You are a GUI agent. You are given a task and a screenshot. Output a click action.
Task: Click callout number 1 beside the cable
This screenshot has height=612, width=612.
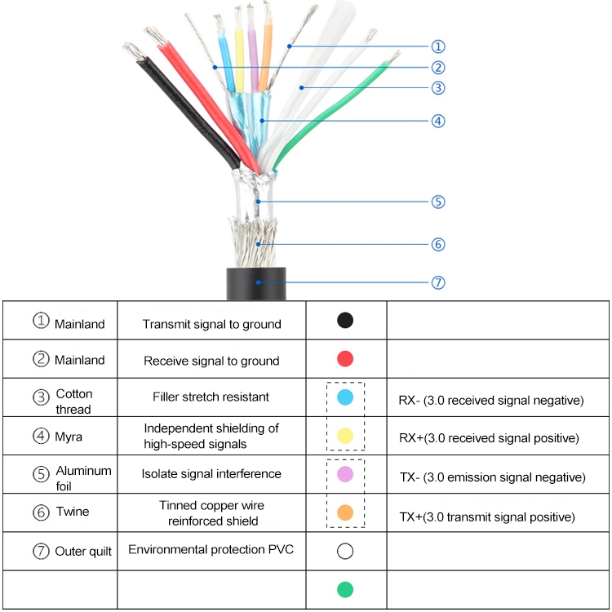tap(438, 47)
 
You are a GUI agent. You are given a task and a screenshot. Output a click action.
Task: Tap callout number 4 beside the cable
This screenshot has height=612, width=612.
tap(438, 121)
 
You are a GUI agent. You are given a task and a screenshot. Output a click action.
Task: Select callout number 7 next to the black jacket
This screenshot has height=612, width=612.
tap(438, 282)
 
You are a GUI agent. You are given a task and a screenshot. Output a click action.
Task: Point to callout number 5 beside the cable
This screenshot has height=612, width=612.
tap(438, 202)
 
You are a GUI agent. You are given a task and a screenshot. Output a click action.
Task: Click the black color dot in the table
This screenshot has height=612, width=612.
tap(345, 320)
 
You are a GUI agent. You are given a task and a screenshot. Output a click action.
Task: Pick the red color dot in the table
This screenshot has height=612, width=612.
tap(345, 358)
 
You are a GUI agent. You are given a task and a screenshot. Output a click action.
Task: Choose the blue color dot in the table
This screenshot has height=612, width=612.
tap(345, 397)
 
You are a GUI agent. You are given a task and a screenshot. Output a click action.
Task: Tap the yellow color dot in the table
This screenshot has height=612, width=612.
tap(345, 436)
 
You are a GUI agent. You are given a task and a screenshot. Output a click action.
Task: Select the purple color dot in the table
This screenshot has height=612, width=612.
tap(345, 474)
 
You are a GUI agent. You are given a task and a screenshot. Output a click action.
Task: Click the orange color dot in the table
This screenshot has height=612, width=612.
tap(345, 512)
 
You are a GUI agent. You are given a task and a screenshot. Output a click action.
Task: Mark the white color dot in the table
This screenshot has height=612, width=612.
tap(345, 552)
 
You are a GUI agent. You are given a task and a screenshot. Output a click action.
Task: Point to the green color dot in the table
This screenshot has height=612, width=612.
tap(345, 589)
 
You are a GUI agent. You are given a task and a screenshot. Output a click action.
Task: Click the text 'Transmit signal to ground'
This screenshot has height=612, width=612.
tap(211, 324)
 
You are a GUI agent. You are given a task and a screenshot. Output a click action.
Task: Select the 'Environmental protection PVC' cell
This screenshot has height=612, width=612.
tap(211, 549)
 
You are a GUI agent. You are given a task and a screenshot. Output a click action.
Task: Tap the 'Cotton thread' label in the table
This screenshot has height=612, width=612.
tap(73, 401)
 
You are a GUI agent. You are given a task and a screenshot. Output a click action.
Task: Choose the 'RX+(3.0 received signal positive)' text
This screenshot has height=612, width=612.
tap(488, 438)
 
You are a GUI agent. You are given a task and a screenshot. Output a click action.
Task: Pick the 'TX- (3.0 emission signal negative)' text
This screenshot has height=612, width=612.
tap(491, 477)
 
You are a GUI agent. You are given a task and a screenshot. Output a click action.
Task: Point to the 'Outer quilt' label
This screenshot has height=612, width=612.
tap(83, 551)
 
